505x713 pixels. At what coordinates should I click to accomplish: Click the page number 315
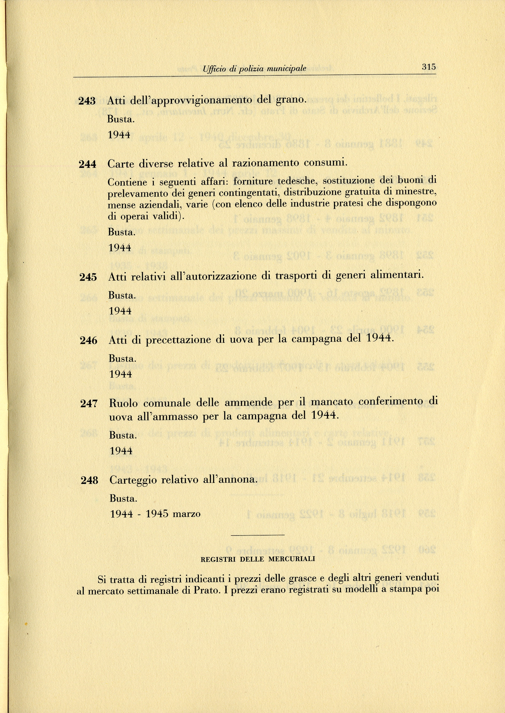click(x=429, y=67)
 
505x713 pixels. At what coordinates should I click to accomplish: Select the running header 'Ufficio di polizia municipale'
click(x=254, y=68)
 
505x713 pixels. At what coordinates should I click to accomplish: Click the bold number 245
click(x=88, y=277)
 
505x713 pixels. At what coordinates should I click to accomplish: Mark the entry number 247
click(x=89, y=404)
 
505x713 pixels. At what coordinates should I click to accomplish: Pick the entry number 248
click(x=90, y=481)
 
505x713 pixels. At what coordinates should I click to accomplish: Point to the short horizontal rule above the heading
click(x=258, y=535)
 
